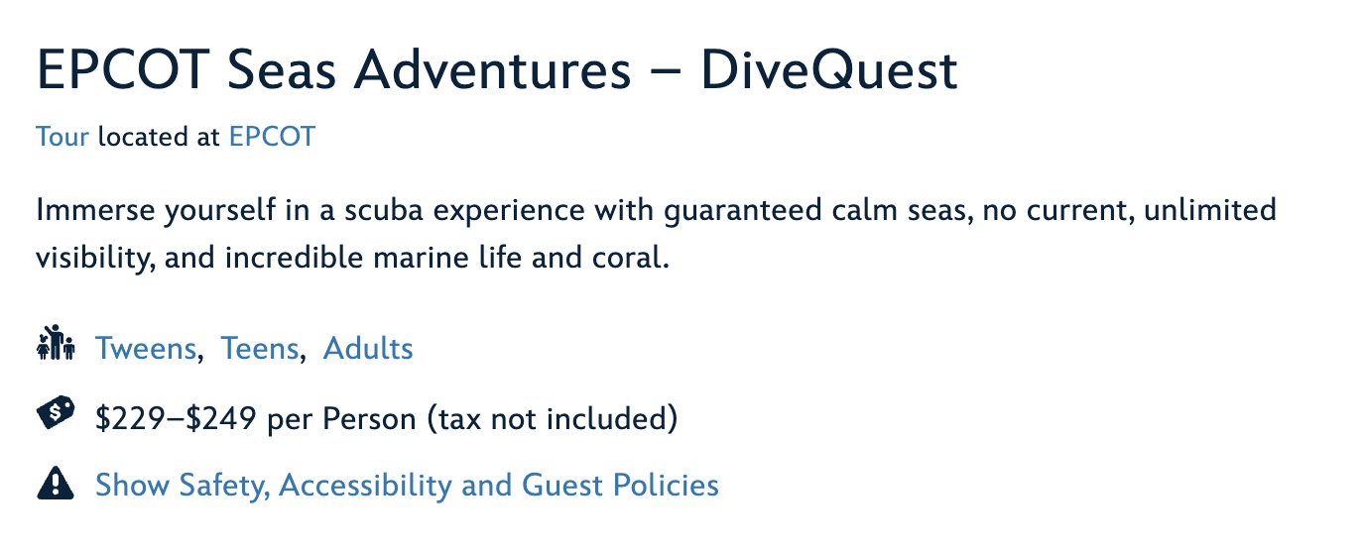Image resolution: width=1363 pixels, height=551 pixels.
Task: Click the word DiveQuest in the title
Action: click(829, 71)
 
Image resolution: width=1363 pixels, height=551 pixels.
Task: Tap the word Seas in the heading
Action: click(282, 70)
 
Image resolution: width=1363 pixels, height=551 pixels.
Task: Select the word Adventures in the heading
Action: click(493, 70)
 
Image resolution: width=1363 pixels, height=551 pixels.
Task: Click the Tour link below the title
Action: click(62, 136)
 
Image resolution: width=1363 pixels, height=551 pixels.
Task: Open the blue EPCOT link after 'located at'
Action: click(272, 136)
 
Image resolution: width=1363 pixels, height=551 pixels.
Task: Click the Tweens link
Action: click(146, 349)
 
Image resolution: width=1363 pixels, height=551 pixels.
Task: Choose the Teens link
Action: click(260, 349)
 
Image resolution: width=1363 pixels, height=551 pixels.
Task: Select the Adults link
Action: click(368, 349)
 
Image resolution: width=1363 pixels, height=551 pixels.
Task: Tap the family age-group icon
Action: click(56, 343)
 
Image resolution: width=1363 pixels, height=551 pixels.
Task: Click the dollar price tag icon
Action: click(56, 413)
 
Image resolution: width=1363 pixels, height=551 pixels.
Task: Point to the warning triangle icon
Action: click(56, 483)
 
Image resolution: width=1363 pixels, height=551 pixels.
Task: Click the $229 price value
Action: click(130, 418)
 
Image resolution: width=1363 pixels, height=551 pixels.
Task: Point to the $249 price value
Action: click(221, 418)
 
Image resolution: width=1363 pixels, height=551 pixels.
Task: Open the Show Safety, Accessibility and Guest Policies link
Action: click(407, 486)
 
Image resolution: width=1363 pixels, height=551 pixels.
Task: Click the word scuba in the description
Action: click(383, 210)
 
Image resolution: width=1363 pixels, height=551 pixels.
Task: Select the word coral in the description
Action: click(630, 258)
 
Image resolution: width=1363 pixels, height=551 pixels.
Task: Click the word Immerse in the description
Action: click(95, 210)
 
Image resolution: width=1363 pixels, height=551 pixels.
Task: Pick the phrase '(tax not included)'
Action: click(553, 418)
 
